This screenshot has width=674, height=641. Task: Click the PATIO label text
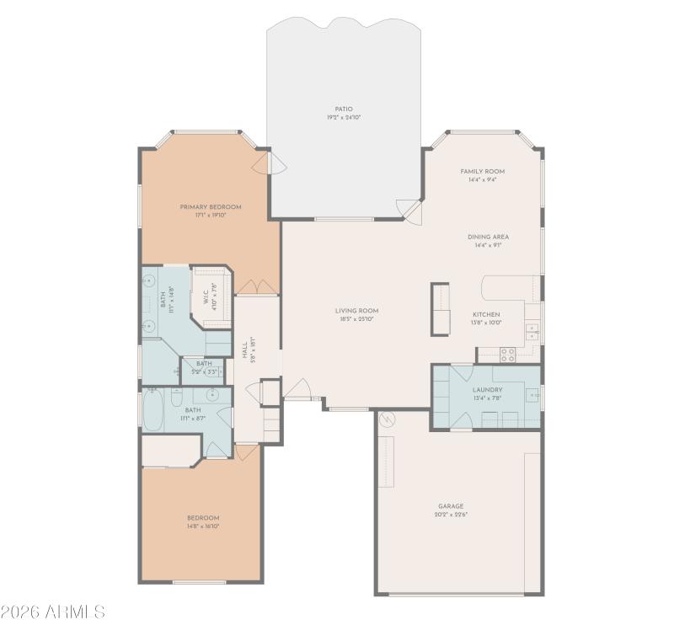pos(343,109)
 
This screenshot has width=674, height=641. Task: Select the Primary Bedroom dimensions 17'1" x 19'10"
pos(210,216)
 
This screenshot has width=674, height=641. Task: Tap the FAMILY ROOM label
pos(482,171)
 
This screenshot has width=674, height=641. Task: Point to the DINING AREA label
pos(488,237)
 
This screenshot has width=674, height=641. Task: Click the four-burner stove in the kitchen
pos(508,354)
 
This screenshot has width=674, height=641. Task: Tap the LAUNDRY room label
pos(487,390)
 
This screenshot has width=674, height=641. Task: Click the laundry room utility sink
pos(533,394)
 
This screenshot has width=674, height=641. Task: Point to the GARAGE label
pos(451,506)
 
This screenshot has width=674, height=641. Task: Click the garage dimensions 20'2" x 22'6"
pos(451,515)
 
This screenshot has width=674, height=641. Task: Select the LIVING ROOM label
pos(356,311)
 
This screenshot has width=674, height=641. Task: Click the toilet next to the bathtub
pos(177,396)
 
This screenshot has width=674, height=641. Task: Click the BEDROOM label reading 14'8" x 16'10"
pos(203,518)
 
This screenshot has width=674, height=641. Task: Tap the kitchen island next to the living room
pos(440,309)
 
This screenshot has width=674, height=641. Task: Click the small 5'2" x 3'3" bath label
pos(204,368)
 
